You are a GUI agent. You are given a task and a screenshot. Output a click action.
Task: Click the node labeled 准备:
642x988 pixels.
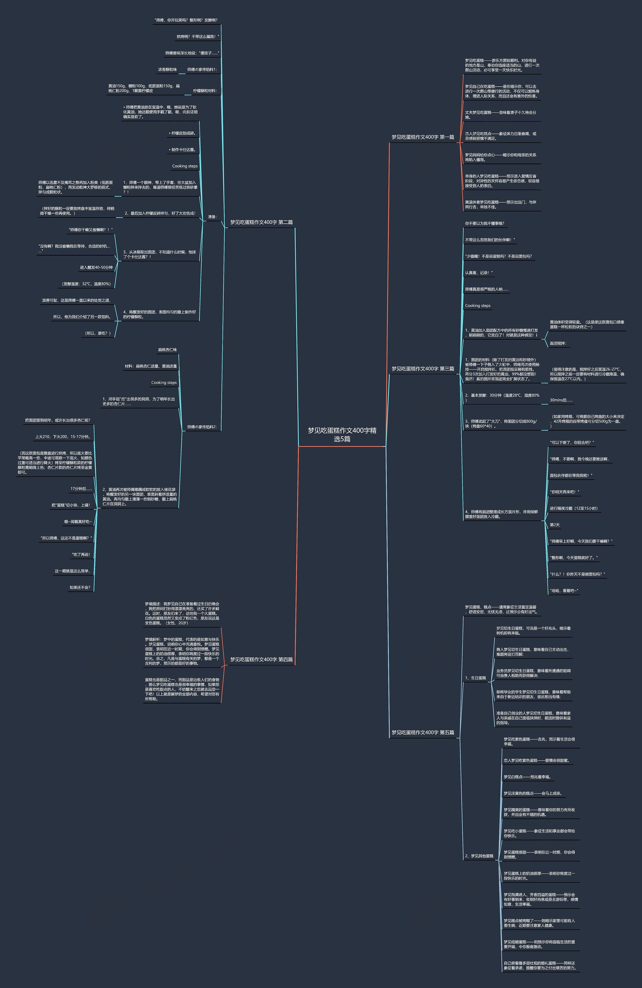coord(212,217)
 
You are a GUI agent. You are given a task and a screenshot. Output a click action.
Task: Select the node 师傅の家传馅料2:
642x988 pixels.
coord(202,427)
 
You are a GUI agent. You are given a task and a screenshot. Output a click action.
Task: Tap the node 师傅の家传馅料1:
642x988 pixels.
coord(202,70)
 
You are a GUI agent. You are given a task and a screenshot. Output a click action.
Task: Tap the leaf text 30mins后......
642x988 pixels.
coord(561,400)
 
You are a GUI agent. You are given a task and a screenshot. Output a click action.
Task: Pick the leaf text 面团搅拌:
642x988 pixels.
coord(558,343)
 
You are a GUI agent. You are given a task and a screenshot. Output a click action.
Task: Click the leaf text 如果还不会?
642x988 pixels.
coord(80,588)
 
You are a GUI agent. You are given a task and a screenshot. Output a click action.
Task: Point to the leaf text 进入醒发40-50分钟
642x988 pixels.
coord(96,267)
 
